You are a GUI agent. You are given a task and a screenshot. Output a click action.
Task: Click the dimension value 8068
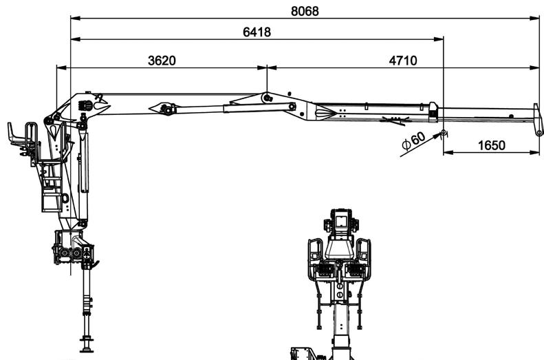[305, 12]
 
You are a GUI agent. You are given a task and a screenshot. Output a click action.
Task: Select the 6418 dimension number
[257, 32]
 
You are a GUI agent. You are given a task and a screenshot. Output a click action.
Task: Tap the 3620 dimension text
[162, 61]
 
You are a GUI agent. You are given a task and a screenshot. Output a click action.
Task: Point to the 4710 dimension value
[403, 61]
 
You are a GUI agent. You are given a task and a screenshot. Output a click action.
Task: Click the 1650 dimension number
[491, 145]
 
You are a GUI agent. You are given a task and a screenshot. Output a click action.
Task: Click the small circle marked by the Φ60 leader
[443, 132]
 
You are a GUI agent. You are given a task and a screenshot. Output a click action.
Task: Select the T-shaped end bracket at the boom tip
[538, 119]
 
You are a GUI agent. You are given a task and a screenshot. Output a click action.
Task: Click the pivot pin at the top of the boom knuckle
[265, 97]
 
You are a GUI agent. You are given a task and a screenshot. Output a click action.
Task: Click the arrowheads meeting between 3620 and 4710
[267, 67]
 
